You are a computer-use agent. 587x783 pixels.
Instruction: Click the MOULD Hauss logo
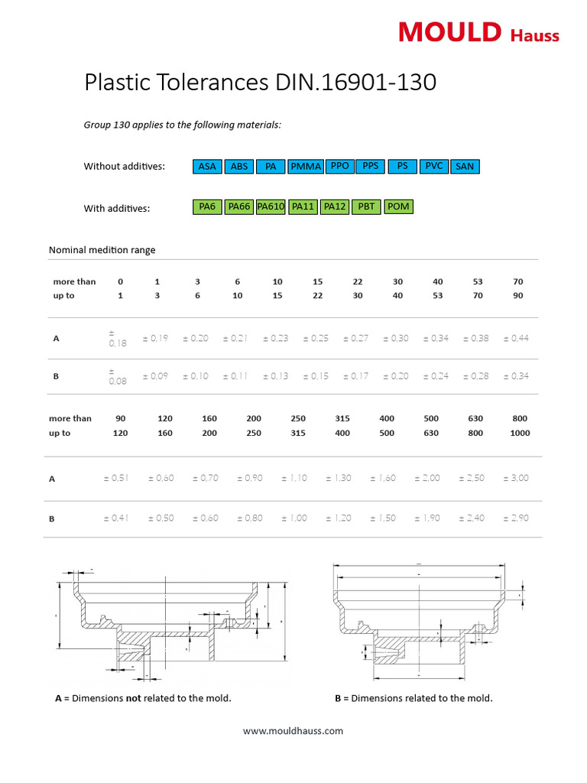click(x=478, y=33)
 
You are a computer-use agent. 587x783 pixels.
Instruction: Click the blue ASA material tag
click(x=207, y=167)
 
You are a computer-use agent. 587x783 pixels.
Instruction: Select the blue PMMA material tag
click(x=306, y=167)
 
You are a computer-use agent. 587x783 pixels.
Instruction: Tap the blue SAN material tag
click(x=465, y=167)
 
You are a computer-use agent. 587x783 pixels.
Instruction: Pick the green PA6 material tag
click(x=207, y=206)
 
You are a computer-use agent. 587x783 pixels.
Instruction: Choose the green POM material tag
click(x=398, y=206)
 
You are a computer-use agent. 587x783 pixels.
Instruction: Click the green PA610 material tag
click(x=271, y=206)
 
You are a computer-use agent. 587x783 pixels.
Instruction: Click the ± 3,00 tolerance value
click(x=518, y=478)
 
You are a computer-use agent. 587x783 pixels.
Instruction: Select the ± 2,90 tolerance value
click(x=518, y=518)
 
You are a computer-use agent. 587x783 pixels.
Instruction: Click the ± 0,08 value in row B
click(x=118, y=375)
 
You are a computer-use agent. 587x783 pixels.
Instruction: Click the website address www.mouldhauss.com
click(x=293, y=731)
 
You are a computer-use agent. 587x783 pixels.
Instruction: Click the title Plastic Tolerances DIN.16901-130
click(x=260, y=83)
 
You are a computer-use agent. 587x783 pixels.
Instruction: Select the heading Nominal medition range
click(x=102, y=250)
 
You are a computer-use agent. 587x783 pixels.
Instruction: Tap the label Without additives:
click(x=124, y=166)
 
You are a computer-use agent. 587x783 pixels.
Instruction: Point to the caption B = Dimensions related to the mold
click(x=413, y=698)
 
